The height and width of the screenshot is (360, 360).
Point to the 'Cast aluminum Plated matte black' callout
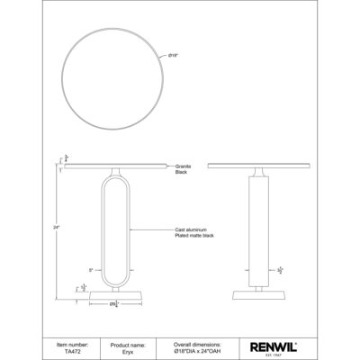(x=193, y=233)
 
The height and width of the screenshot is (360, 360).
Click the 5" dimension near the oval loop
(x=91, y=269)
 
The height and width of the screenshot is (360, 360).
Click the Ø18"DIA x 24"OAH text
(x=197, y=349)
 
